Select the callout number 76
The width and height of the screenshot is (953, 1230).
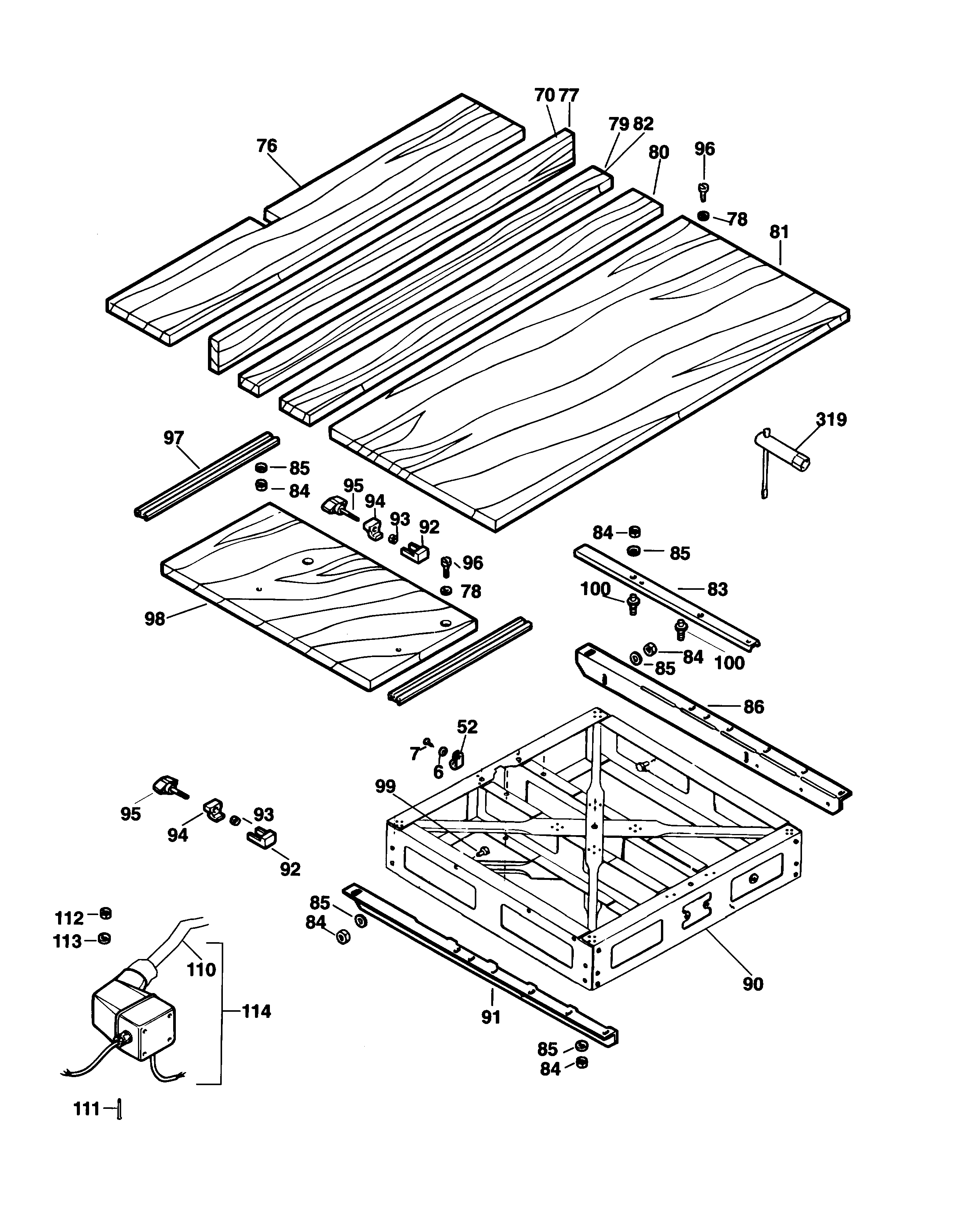[267, 146]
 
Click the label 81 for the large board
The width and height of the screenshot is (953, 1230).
[779, 232]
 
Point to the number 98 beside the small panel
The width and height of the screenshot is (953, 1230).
[155, 618]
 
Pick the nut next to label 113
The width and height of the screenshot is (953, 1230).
[104, 938]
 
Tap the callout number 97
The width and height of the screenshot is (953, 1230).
[174, 438]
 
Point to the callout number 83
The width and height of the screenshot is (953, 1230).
[717, 590]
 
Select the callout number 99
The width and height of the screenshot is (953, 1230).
[386, 786]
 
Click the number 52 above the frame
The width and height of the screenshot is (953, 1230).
[467, 727]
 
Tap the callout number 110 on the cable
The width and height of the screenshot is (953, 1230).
[201, 969]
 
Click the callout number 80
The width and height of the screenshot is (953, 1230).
[658, 152]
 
